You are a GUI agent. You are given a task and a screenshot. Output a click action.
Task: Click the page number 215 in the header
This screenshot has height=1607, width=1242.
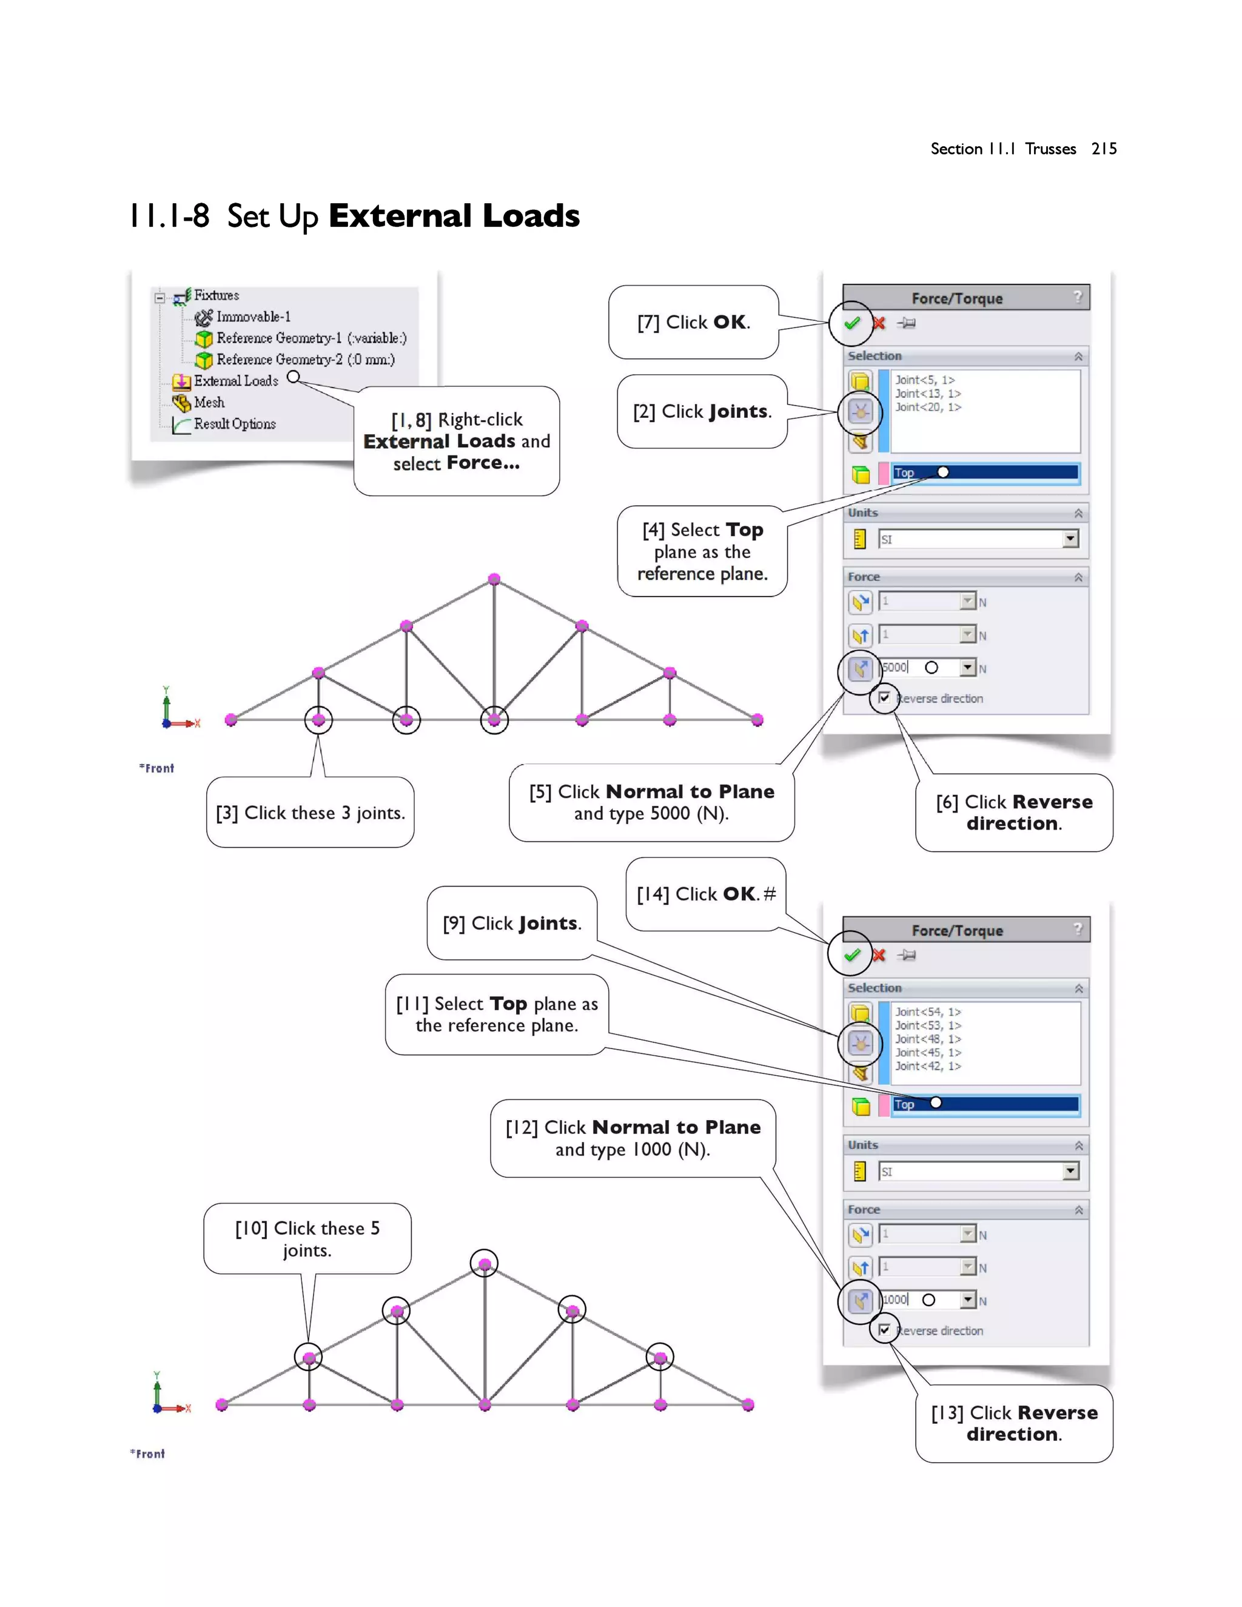coord(1104,149)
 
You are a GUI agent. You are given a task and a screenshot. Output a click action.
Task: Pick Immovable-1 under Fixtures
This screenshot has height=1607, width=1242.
coord(252,317)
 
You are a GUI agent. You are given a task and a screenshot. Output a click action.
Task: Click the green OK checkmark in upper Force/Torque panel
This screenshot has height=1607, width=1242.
coord(852,323)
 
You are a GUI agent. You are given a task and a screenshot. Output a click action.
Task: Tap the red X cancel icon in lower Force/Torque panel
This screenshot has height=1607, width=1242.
coord(879,955)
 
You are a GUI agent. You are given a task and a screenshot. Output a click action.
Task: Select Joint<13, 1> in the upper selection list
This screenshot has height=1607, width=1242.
coord(927,394)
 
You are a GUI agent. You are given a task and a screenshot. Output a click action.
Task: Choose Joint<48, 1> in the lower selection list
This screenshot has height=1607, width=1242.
coord(927,1039)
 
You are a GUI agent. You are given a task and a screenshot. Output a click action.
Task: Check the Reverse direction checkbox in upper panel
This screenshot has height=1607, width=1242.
coord(884,697)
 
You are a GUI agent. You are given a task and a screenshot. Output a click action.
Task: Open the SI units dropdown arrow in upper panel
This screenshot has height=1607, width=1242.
coord(1070,539)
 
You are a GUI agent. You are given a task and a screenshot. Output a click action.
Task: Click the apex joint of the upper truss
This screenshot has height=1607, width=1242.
coord(494,579)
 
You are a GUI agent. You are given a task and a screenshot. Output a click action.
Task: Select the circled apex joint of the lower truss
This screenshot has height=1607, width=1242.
coord(484,1264)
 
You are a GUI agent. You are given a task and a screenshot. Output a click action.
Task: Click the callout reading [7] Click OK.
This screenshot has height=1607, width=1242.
coord(693,322)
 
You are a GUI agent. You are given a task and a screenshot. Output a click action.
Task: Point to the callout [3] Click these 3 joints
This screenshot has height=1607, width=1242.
coord(310,813)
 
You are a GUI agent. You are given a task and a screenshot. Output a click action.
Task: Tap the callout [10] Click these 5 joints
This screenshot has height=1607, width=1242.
coord(307,1238)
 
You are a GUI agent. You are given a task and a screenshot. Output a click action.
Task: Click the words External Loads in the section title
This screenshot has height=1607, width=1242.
coord(454,216)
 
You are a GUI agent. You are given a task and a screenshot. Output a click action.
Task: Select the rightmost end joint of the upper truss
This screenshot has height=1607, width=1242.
coord(757,720)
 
